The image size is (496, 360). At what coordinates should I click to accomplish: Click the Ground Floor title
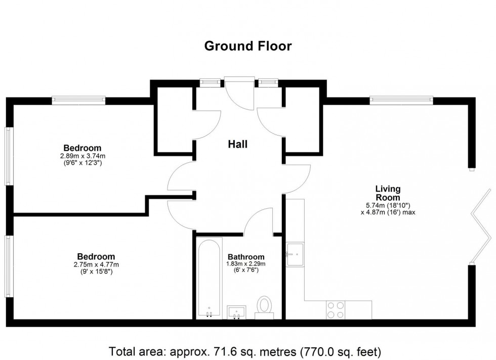click(x=247, y=46)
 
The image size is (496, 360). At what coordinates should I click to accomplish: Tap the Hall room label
click(x=237, y=145)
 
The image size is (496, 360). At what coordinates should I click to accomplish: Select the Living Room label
click(x=388, y=193)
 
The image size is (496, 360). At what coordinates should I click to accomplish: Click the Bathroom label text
click(x=246, y=256)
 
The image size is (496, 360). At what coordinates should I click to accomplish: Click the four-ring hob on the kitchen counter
click(x=336, y=309)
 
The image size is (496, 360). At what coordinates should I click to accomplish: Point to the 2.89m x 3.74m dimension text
click(x=82, y=156)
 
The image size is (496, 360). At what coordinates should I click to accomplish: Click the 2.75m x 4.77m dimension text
click(x=96, y=264)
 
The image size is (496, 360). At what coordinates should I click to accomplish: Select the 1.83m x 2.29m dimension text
click(x=246, y=264)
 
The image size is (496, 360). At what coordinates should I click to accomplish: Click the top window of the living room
click(x=401, y=101)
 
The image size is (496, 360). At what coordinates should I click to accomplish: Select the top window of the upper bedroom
click(x=78, y=101)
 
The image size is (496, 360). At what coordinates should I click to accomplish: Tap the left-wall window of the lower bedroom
click(x=8, y=266)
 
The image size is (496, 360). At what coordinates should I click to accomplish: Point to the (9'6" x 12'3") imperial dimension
click(x=82, y=163)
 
